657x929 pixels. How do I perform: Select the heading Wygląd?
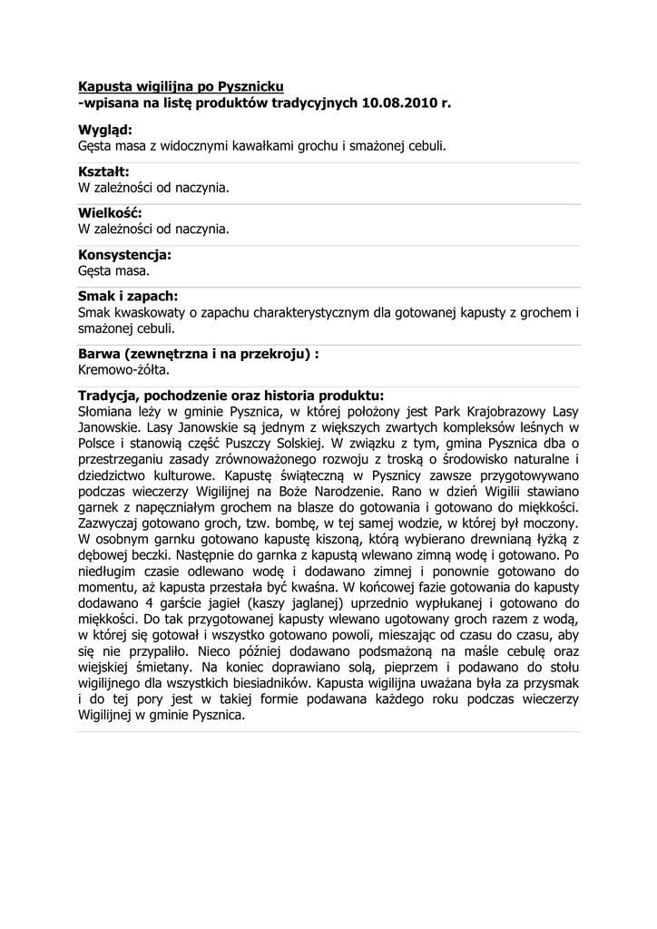(x=105, y=130)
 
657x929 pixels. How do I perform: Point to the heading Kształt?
(x=103, y=171)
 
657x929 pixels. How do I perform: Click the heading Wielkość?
(x=110, y=213)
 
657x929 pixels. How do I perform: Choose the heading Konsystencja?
(x=124, y=255)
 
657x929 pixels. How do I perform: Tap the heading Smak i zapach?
(x=128, y=297)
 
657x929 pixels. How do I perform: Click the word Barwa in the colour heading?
(x=99, y=354)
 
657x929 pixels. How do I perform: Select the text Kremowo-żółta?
(x=123, y=370)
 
